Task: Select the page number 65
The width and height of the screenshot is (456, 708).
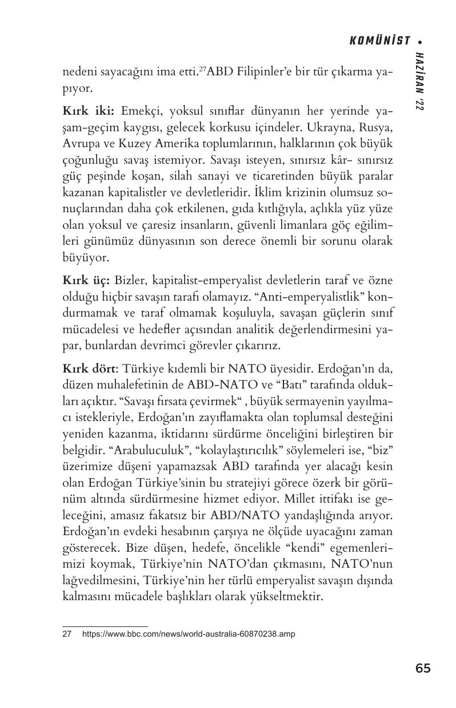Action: [423, 668]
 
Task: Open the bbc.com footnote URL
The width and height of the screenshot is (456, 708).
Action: [189, 634]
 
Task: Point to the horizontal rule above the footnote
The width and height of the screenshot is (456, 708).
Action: [105, 626]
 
